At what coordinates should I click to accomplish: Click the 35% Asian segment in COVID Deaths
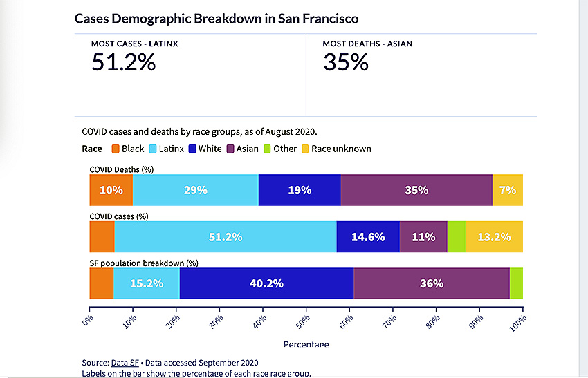tap(416, 190)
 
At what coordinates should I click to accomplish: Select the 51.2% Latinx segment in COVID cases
tap(226, 237)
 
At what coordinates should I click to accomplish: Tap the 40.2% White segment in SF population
tap(266, 283)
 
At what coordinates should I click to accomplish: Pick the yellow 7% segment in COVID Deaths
tap(508, 190)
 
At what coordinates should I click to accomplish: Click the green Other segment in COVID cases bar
tap(457, 237)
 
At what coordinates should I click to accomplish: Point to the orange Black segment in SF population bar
tap(102, 283)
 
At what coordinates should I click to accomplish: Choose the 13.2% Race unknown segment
tap(494, 237)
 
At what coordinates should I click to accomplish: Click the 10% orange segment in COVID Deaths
tap(111, 190)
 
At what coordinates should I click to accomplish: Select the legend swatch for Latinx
tap(153, 149)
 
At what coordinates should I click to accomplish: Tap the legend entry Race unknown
tap(336, 149)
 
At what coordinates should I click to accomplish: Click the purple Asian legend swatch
tap(230, 149)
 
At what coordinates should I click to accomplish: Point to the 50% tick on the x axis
tap(306, 310)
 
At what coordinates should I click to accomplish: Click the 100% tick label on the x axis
tap(518, 323)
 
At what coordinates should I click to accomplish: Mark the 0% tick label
tap(87, 321)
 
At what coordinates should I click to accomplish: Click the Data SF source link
tap(125, 363)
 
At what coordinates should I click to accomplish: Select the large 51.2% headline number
tap(124, 62)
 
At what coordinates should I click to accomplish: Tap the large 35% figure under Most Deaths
tap(346, 62)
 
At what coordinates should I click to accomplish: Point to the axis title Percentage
tap(306, 343)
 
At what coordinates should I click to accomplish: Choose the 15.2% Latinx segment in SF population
tap(147, 283)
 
